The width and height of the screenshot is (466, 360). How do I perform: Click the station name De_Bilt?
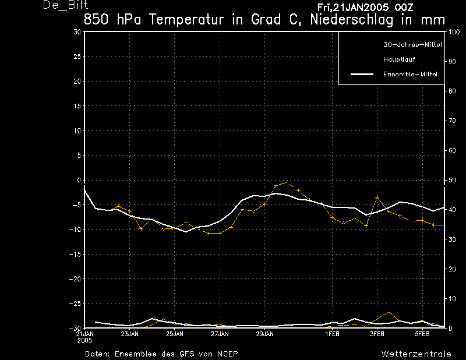pos(65,5)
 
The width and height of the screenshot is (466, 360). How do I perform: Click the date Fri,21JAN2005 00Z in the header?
pos(365,8)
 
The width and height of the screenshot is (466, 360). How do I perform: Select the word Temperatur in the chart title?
pos(186,20)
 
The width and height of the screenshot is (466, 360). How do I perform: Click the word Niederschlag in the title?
pos(352,20)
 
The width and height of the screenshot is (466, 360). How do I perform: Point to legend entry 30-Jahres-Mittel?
pos(412,45)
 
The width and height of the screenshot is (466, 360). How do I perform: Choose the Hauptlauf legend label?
pos(399,59)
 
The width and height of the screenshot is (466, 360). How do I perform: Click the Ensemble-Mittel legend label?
pos(410,74)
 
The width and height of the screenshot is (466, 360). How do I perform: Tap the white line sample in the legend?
pos(362,74)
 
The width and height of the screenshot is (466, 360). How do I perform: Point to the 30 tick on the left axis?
pos(77,32)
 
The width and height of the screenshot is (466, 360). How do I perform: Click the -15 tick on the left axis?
pos(75,254)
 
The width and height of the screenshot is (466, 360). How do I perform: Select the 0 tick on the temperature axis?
pos(79,180)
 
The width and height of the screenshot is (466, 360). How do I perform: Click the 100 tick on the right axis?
pos(454,32)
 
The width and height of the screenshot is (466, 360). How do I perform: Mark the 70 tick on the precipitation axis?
pos(452,121)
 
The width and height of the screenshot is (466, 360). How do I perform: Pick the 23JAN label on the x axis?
pos(129,334)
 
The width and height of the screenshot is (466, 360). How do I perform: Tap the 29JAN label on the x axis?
pos(265,334)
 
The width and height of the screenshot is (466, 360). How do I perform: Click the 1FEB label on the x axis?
pos(332,334)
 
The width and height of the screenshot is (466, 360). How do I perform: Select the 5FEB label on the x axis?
pos(422,334)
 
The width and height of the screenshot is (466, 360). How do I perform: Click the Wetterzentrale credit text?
pos(416,354)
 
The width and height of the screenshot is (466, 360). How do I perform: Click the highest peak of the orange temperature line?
pos(287,182)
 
